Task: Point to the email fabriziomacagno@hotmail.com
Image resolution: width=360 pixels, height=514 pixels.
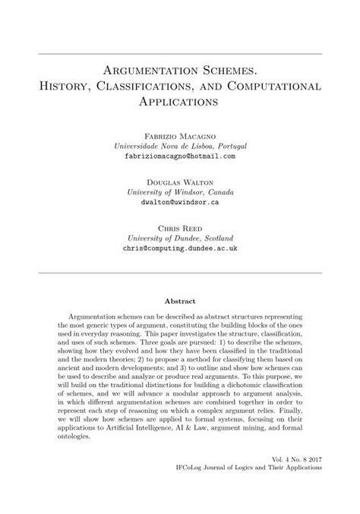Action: pos(179,155)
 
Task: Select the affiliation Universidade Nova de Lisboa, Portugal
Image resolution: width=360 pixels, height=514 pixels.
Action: pos(179,145)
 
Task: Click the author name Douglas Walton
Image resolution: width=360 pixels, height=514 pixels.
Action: pos(179,183)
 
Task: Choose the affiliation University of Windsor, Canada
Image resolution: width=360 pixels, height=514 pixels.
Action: pos(179,193)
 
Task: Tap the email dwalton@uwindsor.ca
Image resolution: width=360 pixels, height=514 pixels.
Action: pos(179,203)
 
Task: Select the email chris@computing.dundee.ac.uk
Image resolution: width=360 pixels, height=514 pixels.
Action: pos(179,248)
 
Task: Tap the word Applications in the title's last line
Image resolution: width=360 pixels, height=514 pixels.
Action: pos(180,99)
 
